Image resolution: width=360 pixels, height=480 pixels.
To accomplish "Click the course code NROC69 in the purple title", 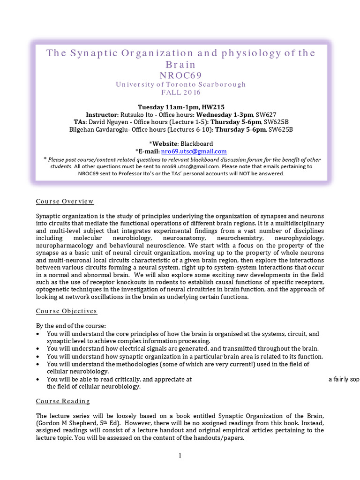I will [180, 75].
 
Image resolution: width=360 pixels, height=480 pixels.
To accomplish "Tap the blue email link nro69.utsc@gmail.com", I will [194, 151].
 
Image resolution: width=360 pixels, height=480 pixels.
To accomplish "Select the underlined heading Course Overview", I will [65, 202].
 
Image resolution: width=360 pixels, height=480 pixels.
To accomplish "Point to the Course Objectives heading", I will [67, 311].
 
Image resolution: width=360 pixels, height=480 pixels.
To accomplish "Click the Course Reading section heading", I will [63, 401].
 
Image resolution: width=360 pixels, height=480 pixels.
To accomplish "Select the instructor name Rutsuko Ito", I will [138, 115].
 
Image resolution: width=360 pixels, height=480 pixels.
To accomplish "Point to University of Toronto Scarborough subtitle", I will [180, 84].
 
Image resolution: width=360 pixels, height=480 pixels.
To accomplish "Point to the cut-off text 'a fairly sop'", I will [344, 380].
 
